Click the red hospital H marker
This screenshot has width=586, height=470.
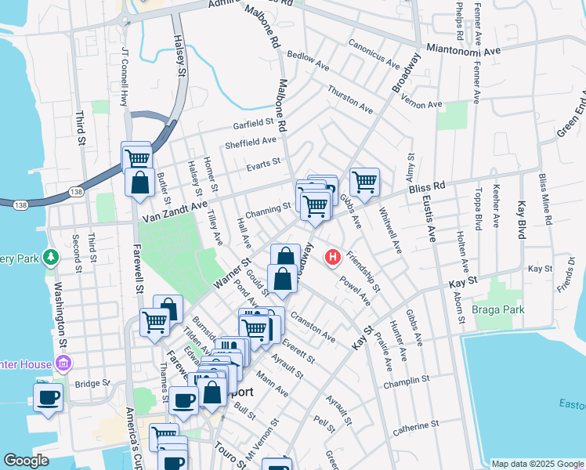(x=332, y=256)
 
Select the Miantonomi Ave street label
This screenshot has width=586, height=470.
(x=463, y=49)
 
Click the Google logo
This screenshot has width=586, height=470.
(x=27, y=461)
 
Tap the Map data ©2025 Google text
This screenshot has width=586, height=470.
(x=537, y=464)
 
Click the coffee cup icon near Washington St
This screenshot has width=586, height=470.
(x=49, y=396)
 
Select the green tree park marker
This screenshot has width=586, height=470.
(x=51, y=256)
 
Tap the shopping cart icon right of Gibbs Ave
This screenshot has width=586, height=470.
(x=364, y=182)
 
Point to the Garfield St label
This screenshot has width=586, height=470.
(x=252, y=124)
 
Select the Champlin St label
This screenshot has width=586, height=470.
(x=407, y=381)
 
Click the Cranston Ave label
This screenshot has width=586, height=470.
(x=313, y=327)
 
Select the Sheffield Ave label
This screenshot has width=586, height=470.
(x=251, y=142)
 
